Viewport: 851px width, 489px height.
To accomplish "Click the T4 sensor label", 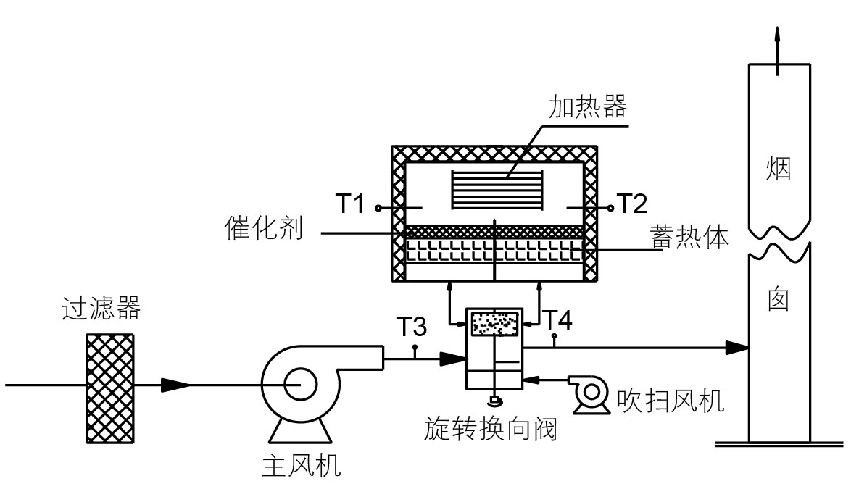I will click(559, 319).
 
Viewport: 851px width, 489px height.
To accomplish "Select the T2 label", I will click(632, 206).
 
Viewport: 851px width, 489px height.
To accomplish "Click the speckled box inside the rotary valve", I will click(496, 323).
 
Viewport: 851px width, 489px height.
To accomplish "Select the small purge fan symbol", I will click(588, 394).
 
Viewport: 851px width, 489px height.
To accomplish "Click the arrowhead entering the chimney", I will click(738, 348).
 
